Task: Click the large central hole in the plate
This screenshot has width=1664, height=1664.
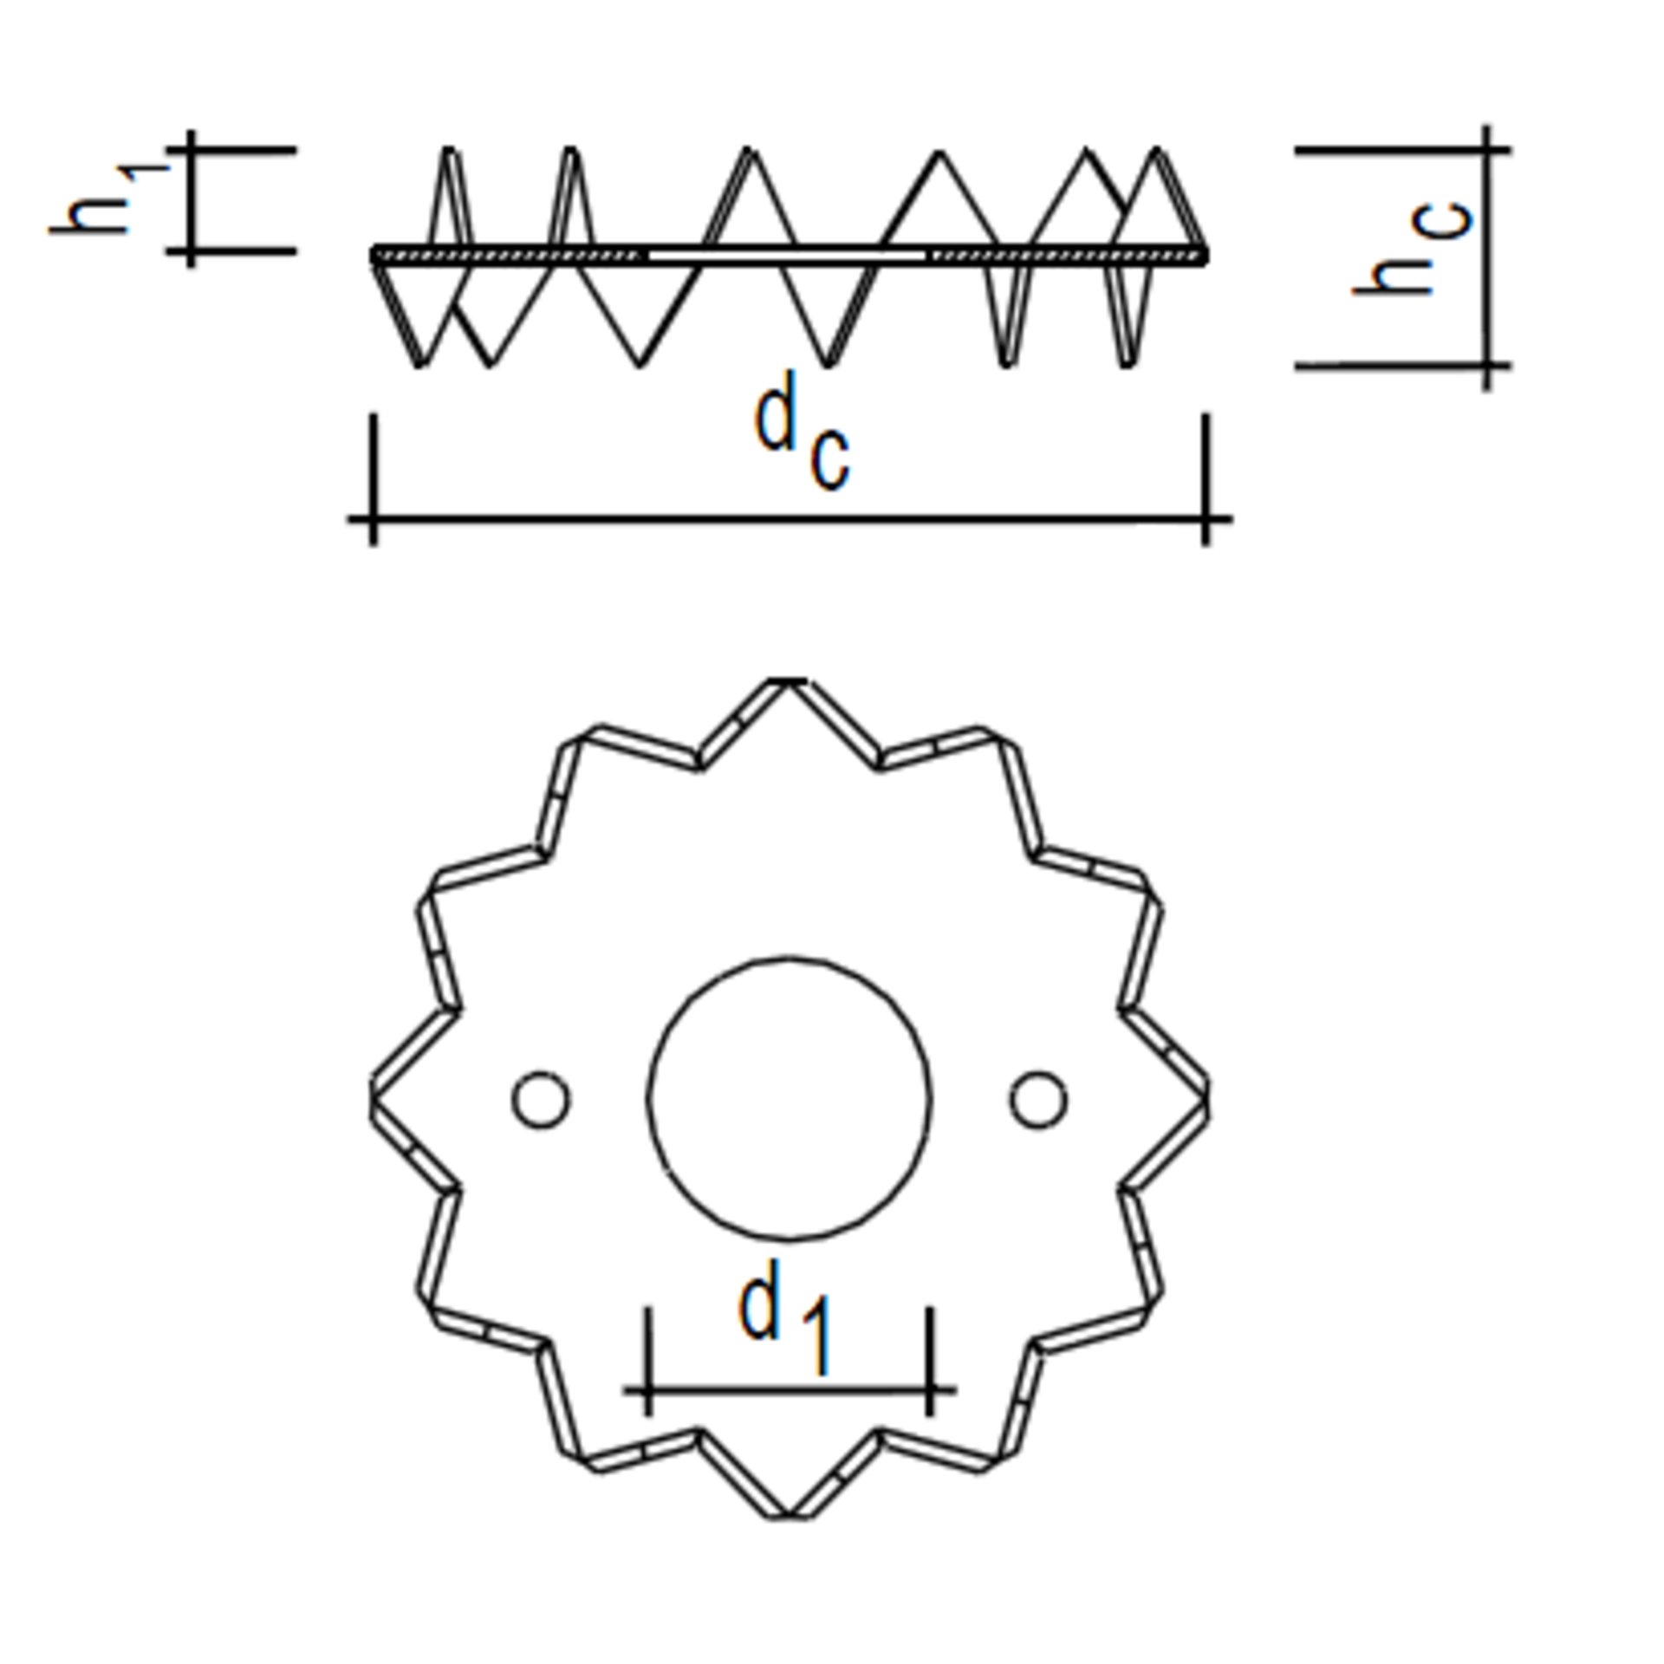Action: tap(790, 1099)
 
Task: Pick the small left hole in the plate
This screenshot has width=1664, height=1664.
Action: tap(541, 1100)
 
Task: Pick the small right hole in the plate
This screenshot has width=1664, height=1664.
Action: tap(1038, 1100)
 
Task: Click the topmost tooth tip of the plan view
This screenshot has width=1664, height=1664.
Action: tap(788, 683)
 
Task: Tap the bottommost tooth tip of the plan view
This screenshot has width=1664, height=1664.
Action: tap(788, 1515)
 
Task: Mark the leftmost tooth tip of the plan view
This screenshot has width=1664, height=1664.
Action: tap(374, 1099)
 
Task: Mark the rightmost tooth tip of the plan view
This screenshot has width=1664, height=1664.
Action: tap(1206, 1099)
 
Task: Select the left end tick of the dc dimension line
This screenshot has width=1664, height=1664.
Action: tap(374, 519)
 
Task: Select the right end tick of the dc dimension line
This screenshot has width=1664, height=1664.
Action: tap(1206, 519)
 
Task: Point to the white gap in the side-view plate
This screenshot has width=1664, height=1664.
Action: tap(787, 256)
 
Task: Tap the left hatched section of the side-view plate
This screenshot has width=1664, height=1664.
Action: tap(511, 256)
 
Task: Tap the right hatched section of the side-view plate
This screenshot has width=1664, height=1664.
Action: tap(1066, 256)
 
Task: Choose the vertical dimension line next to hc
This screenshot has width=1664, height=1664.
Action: tap(1487, 258)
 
